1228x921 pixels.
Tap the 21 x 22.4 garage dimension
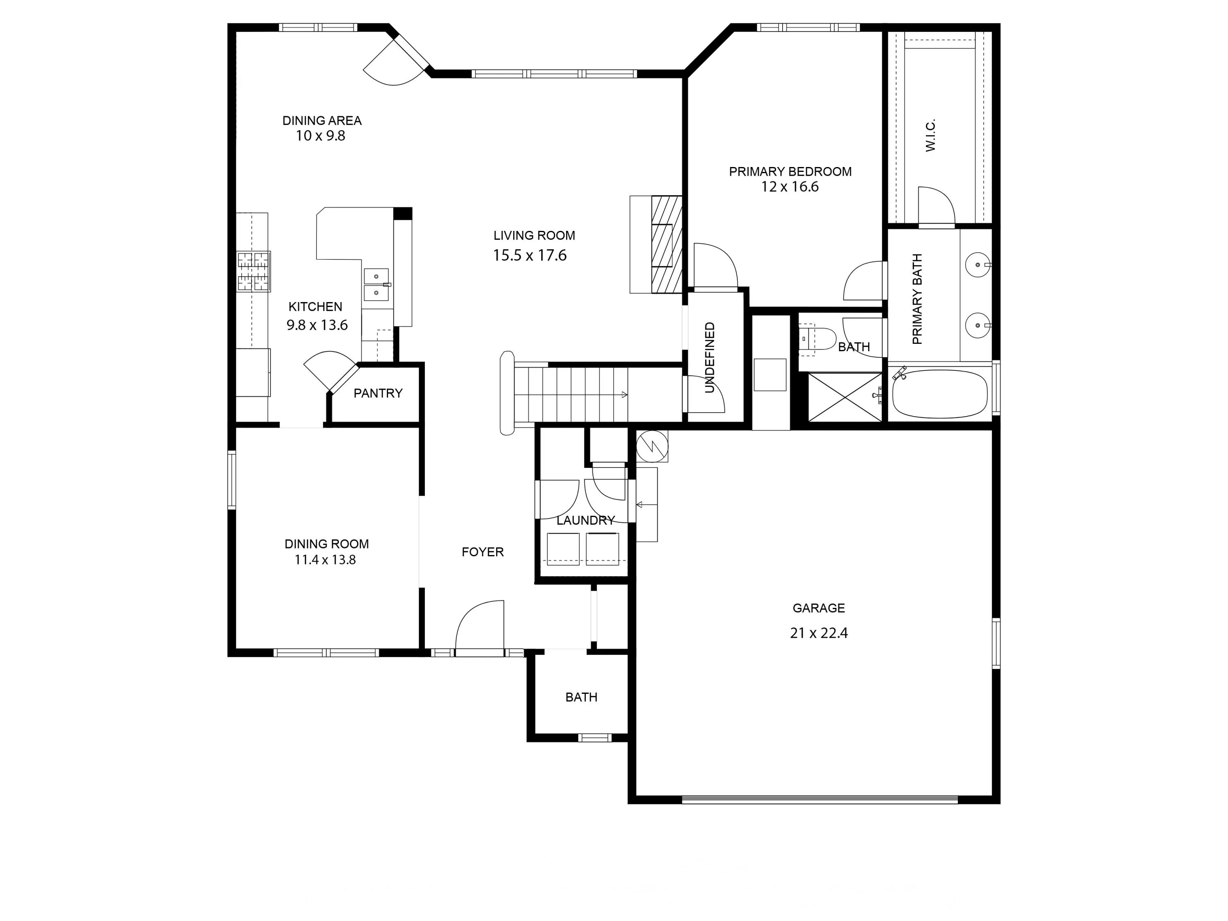tap(818, 633)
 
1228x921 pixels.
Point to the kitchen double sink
tap(377, 284)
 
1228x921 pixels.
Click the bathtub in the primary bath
tap(939, 394)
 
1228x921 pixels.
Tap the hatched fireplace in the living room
tap(666, 244)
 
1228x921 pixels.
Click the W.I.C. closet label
tap(930, 135)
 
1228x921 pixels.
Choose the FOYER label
tap(483, 552)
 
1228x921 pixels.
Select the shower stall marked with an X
tap(844, 397)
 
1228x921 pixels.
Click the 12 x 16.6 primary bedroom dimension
tap(790, 187)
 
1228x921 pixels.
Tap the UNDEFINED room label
tap(709, 357)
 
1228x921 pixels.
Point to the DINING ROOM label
tap(326, 544)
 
